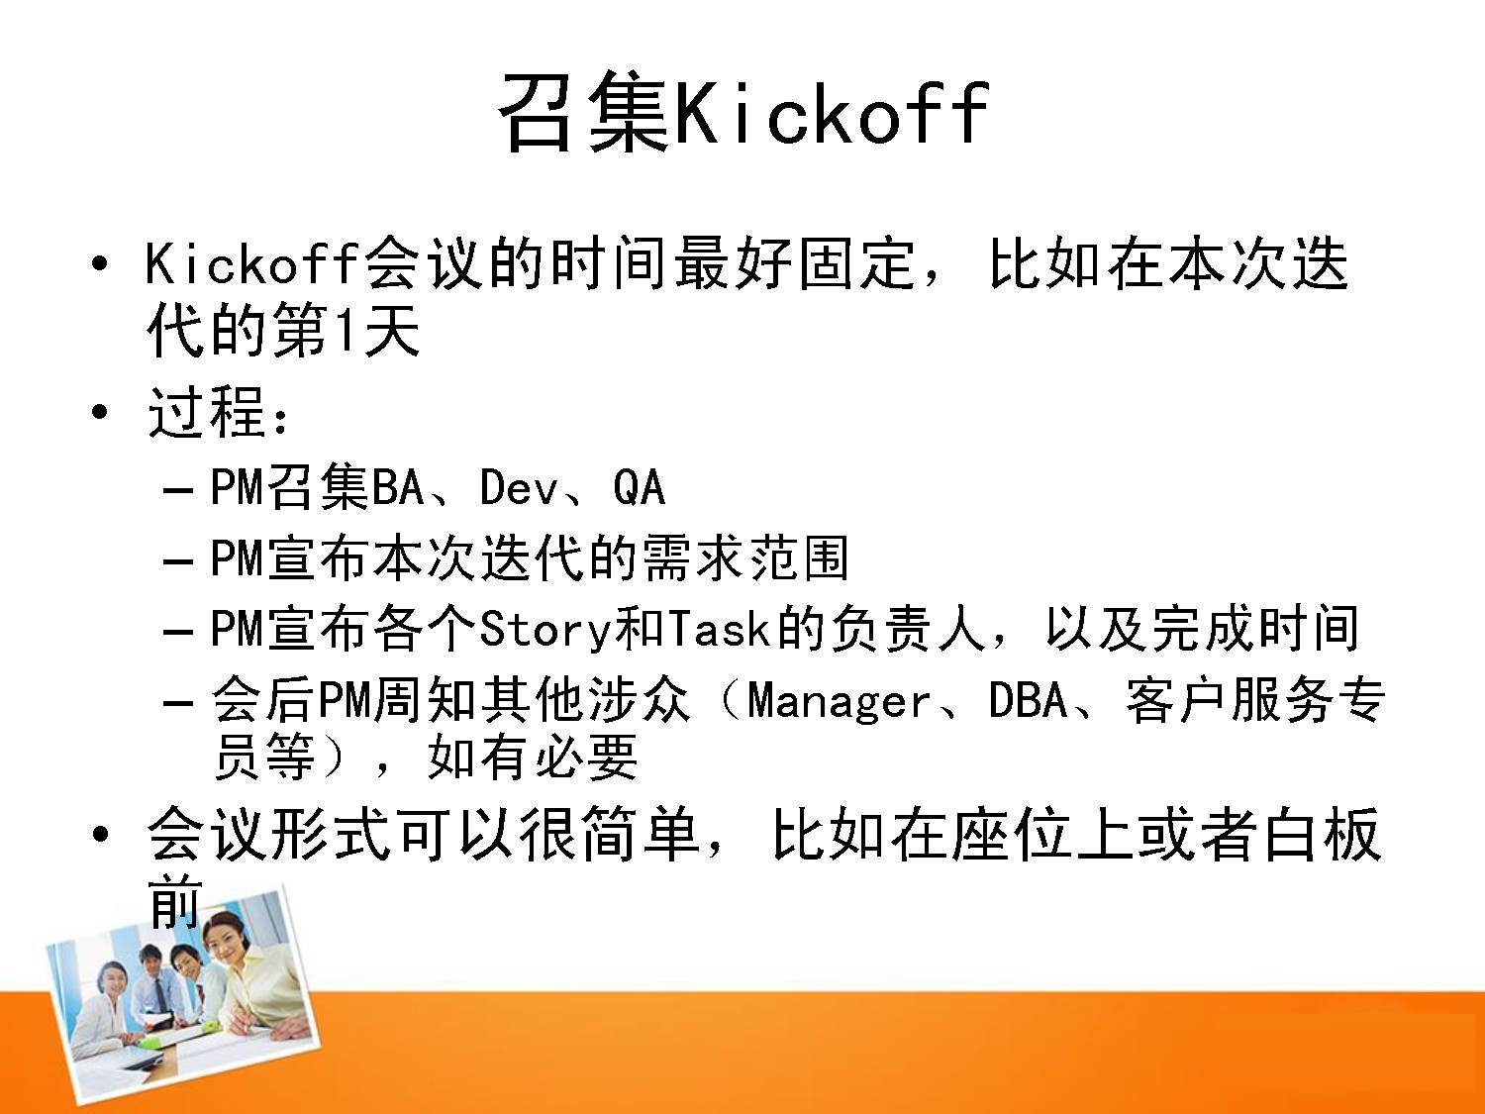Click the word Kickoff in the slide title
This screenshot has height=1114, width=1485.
point(833,112)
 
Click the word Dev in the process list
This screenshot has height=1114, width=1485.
point(518,487)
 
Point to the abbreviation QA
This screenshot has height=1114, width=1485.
point(640,487)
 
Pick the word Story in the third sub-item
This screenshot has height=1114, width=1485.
point(546,629)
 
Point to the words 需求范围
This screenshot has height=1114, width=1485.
point(745,558)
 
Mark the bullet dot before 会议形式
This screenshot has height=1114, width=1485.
point(100,835)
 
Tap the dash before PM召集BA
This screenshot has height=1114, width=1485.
point(178,490)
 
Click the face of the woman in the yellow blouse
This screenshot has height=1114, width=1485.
point(228,936)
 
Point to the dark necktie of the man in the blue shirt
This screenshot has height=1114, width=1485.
point(160,995)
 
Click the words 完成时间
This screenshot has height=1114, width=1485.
point(1256,629)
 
